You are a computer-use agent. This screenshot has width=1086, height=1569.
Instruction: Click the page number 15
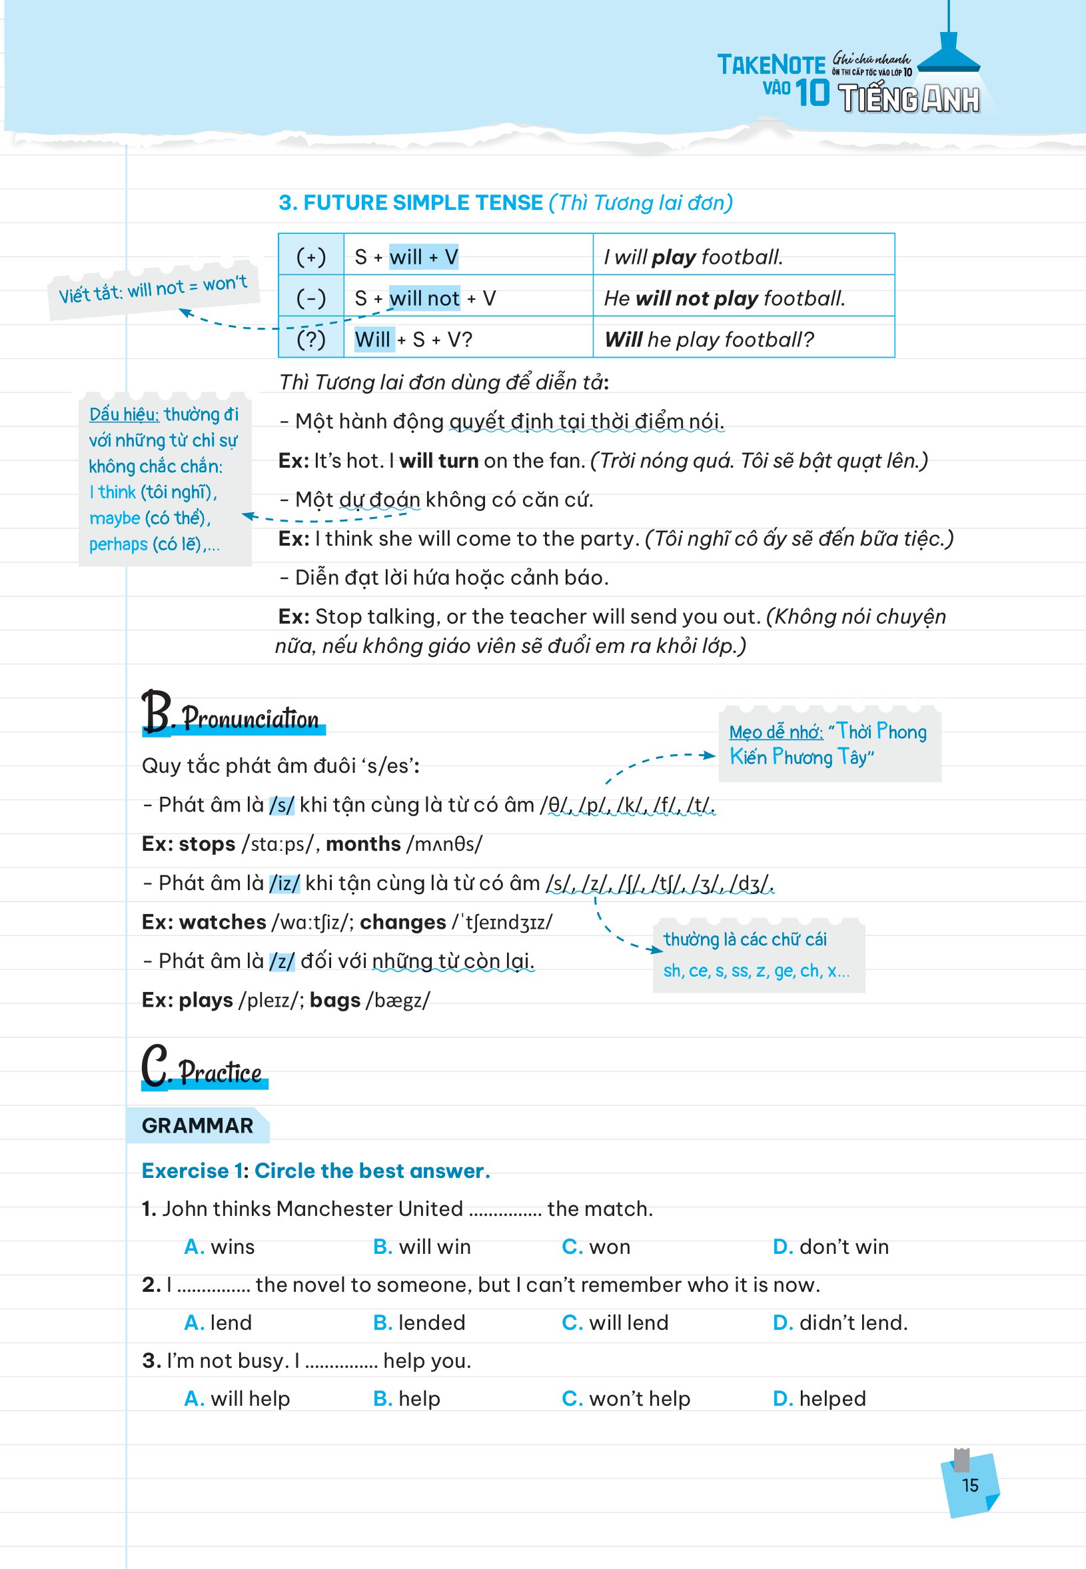pos(969,1484)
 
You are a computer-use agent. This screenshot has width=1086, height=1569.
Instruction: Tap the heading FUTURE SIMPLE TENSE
pos(410,203)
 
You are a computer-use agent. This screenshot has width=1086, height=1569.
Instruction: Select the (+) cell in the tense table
pos(311,257)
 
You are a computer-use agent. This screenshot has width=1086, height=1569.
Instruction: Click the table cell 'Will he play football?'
pos(709,339)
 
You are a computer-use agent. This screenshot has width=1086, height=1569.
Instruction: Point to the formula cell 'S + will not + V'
pos(424,298)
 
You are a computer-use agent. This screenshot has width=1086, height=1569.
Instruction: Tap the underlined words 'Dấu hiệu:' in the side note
pos(124,414)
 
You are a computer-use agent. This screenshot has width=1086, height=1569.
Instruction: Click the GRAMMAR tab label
pos(197,1125)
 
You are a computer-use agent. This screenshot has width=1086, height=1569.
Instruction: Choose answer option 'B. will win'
pos(421,1247)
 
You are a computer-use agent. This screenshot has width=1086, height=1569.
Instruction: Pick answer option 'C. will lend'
pos(614,1322)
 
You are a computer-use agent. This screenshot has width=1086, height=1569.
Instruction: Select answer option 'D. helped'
pos(819,1398)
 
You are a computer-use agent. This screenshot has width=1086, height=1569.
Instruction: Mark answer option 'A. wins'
pos(219,1247)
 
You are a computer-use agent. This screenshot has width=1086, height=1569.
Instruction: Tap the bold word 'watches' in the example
pos(222,922)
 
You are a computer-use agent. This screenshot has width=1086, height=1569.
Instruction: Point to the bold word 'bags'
pos(334,1000)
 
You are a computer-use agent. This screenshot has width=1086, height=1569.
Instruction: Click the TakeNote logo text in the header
pos(771,65)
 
